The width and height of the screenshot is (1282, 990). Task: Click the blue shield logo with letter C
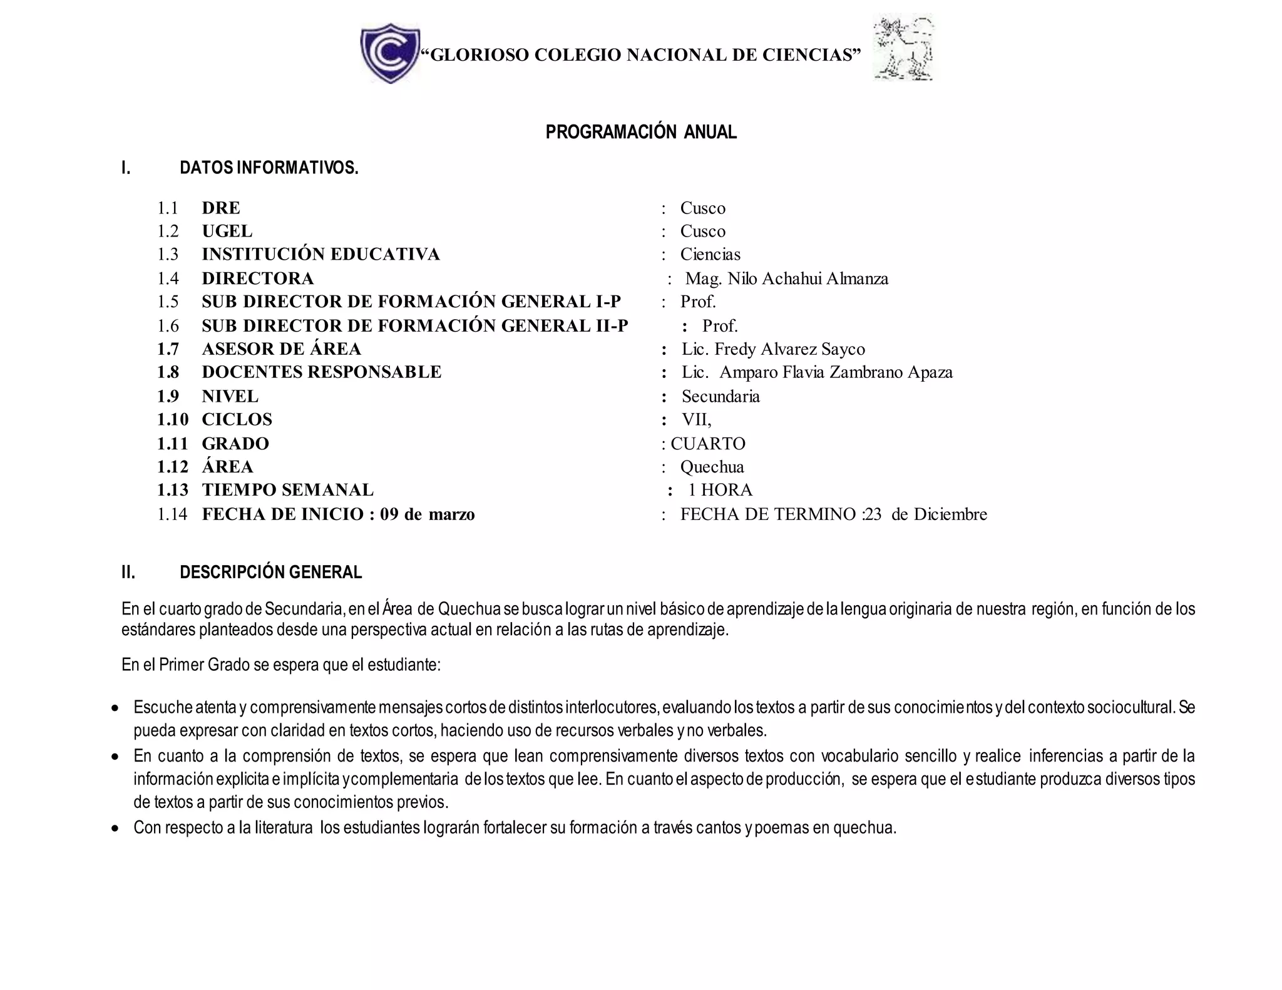pyautogui.click(x=390, y=53)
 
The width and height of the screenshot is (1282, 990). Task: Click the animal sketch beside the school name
pyautogui.click(x=903, y=49)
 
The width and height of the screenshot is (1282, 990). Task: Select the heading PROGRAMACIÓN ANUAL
pyautogui.click(x=641, y=132)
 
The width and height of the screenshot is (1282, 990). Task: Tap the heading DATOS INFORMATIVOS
pyautogui.click(x=269, y=168)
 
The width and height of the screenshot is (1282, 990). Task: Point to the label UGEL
pyautogui.click(x=227, y=231)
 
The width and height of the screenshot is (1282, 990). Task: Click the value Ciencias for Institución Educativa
pyautogui.click(x=710, y=254)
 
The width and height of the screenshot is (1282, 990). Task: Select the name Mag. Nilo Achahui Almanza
pyautogui.click(x=786, y=278)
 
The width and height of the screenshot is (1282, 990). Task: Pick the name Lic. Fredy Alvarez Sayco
pyautogui.click(x=773, y=349)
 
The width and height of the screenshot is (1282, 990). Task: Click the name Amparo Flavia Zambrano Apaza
pyautogui.click(x=836, y=372)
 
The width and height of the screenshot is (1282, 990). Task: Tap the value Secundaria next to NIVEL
pyautogui.click(x=720, y=396)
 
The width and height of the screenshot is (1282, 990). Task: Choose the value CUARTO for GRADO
pyautogui.click(x=708, y=444)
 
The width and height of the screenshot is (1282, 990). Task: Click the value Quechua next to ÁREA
pyautogui.click(x=712, y=467)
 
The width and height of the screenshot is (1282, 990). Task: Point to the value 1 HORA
pyautogui.click(x=720, y=490)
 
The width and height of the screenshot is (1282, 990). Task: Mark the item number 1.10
pyautogui.click(x=172, y=419)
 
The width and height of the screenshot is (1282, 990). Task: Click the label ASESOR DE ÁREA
pyautogui.click(x=281, y=349)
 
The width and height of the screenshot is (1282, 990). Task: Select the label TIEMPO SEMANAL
pyautogui.click(x=287, y=490)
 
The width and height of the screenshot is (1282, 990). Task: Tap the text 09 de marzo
pyautogui.click(x=427, y=514)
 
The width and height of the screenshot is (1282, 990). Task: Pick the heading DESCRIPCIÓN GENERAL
pyautogui.click(x=270, y=572)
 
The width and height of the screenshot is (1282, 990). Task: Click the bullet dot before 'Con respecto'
pyautogui.click(x=115, y=829)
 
